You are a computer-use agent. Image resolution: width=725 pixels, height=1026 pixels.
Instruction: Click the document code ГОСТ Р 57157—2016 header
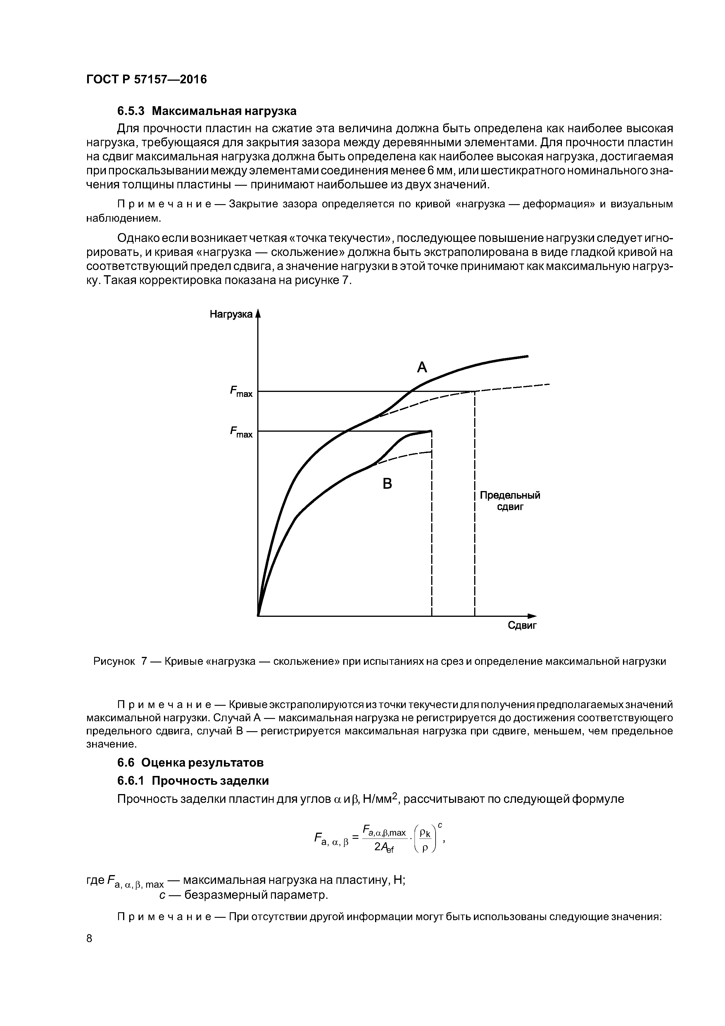click(146, 80)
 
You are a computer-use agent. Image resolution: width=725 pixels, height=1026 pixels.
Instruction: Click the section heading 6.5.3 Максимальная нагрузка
click(207, 110)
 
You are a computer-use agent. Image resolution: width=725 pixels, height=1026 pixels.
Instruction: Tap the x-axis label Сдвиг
click(522, 625)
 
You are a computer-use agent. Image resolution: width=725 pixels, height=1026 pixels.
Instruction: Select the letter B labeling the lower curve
click(387, 483)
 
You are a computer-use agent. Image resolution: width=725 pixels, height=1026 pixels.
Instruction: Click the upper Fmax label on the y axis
click(241, 392)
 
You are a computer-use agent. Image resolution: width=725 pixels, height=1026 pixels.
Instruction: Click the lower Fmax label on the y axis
click(241, 432)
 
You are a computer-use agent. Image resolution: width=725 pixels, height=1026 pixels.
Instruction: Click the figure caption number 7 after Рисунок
click(144, 661)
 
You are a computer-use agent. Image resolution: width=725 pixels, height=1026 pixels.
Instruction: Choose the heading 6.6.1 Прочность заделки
click(193, 781)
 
